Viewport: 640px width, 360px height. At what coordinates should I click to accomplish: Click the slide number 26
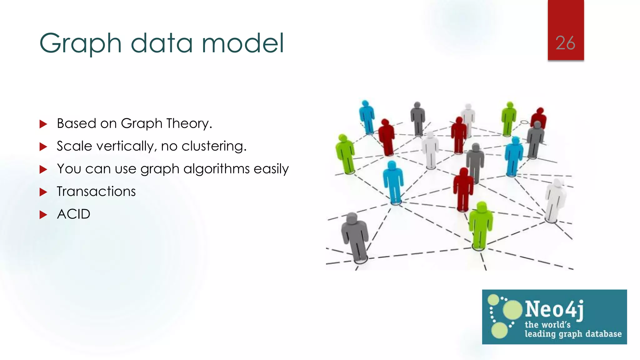(565, 43)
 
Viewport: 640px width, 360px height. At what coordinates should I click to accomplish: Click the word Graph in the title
(80, 44)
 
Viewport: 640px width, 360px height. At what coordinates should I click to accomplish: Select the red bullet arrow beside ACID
(43, 215)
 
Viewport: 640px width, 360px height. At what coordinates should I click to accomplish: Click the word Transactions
(96, 191)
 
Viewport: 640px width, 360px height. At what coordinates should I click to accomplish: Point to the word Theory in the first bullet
(189, 123)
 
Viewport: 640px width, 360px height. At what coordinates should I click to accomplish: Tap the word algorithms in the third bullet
(216, 169)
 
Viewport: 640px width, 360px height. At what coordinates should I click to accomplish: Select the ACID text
(73, 214)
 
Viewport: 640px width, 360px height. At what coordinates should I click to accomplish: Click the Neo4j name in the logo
(554, 309)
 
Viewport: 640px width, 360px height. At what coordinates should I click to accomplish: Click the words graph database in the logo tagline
(590, 334)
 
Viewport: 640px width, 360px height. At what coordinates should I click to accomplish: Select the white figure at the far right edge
(556, 200)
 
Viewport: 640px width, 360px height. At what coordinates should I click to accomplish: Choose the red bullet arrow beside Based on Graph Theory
(43, 124)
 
